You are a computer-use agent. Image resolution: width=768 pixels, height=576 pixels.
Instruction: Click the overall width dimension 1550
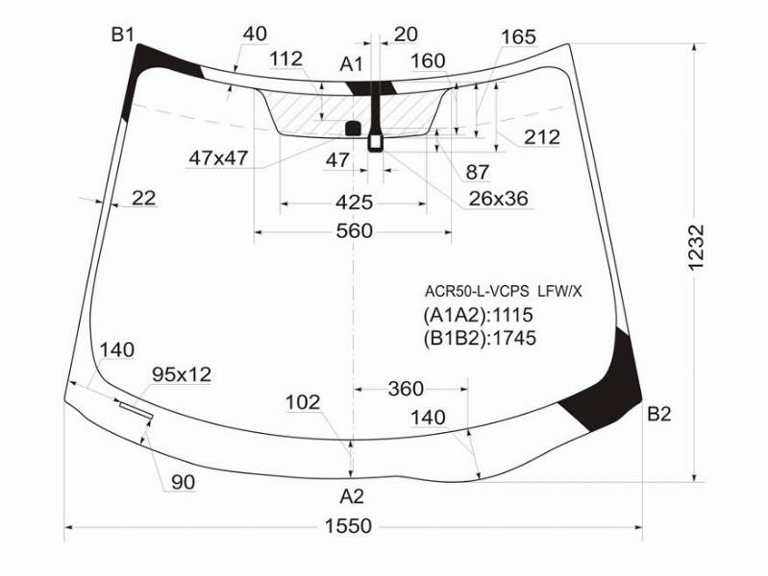click(x=348, y=526)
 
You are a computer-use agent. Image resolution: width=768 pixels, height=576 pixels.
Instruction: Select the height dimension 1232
click(x=696, y=247)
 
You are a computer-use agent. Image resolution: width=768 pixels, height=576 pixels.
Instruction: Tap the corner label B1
click(x=122, y=36)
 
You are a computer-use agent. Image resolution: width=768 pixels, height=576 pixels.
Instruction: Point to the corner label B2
click(x=658, y=415)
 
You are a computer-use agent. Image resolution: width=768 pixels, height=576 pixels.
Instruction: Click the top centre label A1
click(x=351, y=64)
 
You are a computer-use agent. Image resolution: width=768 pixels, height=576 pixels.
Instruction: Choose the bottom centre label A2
click(x=352, y=496)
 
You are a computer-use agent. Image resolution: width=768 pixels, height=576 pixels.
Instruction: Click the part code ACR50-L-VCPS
click(x=477, y=292)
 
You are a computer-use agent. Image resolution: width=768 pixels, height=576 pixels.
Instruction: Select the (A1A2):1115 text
click(x=478, y=315)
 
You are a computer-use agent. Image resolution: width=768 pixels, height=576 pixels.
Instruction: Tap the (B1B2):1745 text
click(x=480, y=338)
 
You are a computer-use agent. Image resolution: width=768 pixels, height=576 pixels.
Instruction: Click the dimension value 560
click(x=354, y=231)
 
